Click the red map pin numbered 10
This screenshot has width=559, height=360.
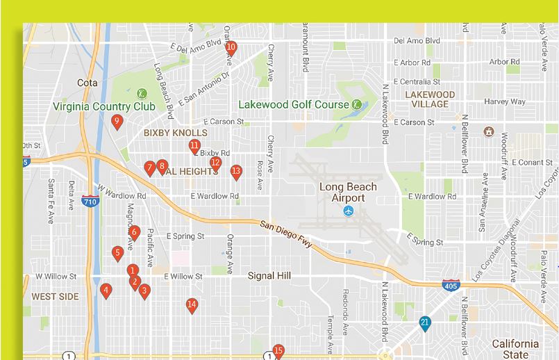pos(231,49)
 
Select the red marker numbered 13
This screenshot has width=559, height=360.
pos(236,172)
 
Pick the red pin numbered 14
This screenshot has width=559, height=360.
pos(192,305)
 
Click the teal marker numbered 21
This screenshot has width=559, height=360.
pos(425,323)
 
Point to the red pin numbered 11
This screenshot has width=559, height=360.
pos(194,147)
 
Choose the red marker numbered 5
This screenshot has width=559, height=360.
pos(118,254)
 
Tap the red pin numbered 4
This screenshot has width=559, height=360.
pos(106,291)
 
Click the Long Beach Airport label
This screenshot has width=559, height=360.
pos(348,193)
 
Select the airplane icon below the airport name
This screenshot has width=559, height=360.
pos(348,211)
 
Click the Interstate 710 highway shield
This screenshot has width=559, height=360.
pos(90,202)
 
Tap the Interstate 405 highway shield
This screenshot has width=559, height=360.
pos(451,285)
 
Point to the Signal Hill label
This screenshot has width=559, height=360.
pos(269,276)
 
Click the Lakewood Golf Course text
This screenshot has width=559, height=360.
pos(293,104)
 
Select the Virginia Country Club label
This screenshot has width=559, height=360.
pos(105,107)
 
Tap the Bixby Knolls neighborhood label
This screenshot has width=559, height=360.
pos(175,133)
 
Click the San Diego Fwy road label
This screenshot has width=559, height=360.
pos(287,234)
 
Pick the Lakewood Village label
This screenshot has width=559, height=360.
pos(430,99)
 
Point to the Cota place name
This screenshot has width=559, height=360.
pos(87,83)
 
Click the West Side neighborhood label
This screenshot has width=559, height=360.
pos(55,297)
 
